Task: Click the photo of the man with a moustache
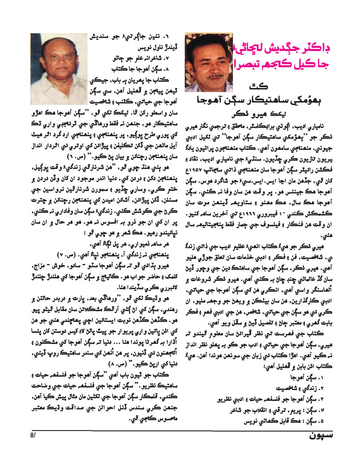209,62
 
